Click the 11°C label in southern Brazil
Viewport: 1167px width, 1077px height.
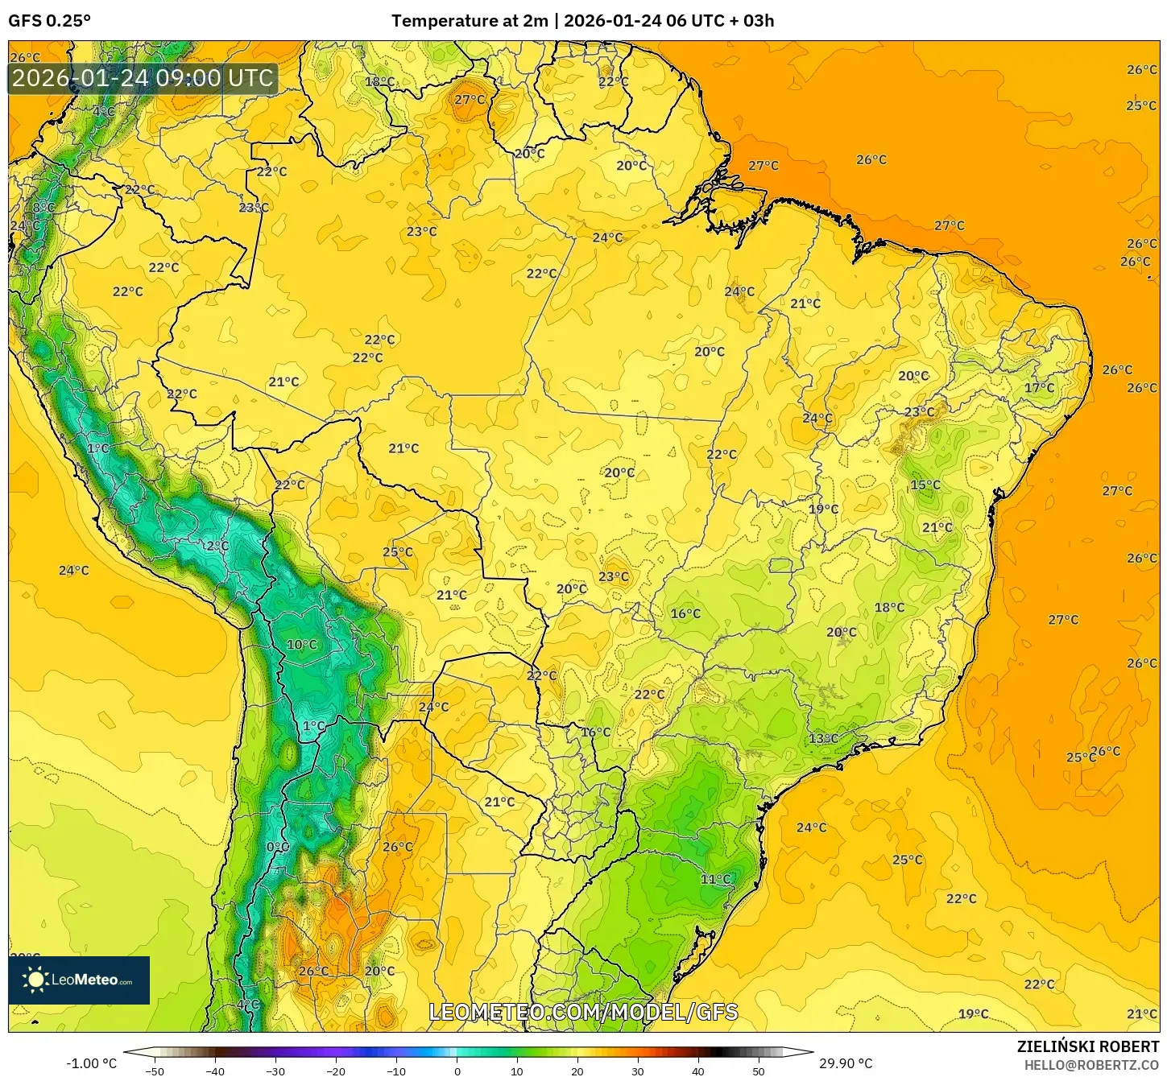(715, 879)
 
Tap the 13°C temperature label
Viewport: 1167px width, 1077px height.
(823, 738)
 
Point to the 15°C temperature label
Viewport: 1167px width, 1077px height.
(925, 485)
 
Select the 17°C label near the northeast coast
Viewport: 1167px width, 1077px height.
(1039, 387)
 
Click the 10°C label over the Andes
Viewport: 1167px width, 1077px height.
(301, 644)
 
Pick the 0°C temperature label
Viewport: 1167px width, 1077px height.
(277, 847)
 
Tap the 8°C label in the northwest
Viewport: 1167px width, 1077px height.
(43, 208)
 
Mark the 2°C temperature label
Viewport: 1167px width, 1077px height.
(217, 545)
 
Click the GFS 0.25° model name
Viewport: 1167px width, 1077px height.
(49, 21)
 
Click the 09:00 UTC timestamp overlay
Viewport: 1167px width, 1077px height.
(143, 78)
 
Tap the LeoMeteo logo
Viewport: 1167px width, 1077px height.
(79, 980)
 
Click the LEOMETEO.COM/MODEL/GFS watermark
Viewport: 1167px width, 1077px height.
(583, 1012)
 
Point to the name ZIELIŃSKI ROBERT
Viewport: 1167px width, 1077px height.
(1087, 1046)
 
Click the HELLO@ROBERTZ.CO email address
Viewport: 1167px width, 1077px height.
(1091, 1065)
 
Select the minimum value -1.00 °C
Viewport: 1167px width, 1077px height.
(91, 1063)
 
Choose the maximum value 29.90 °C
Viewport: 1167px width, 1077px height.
(846, 1063)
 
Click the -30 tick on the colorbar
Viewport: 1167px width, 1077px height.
(275, 1071)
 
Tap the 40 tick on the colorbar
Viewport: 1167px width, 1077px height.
(697, 1071)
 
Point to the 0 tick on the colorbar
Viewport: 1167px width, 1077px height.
(457, 1071)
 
